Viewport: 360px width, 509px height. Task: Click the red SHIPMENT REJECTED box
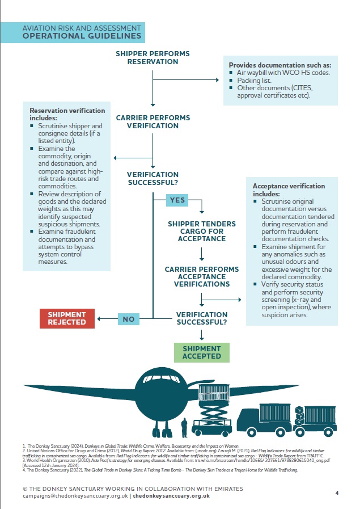pyautogui.click(x=67, y=318)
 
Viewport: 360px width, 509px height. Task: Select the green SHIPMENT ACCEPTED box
pyautogui.click(x=202, y=352)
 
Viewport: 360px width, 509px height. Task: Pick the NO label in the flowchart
pyautogui.click(x=129, y=319)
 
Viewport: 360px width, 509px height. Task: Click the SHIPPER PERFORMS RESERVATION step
pyautogui.click(x=153, y=57)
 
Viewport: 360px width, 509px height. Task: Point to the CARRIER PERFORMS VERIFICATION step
pyautogui.click(x=153, y=121)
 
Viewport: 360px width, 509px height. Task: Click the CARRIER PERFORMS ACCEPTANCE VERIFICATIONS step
pyautogui.click(x=202, y=276)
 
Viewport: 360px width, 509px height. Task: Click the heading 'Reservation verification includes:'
pyautogui.click(x=67, y=114)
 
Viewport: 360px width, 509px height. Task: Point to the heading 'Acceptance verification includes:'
pyautogui.click(x=289, y=190)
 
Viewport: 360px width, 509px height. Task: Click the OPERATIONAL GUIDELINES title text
pyautogui.click(x=82, y=36)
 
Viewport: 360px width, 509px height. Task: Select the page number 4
pyautogui.click(x=337, y=493)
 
